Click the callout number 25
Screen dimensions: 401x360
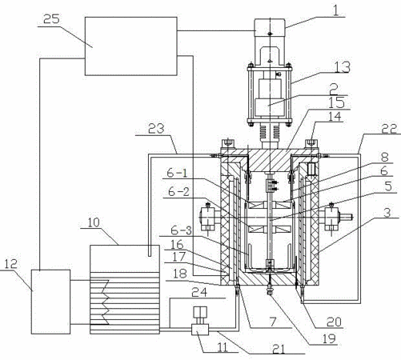click(52, 19)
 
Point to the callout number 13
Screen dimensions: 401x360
click(343, 67)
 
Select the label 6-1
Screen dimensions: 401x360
click(177, 174)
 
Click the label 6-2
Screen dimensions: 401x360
click(179, 191)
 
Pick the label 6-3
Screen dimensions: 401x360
click(182, 230)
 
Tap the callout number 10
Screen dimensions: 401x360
click(94, 222)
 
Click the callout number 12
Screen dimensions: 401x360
click(11, 264)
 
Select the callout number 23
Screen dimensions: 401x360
click(156, 129)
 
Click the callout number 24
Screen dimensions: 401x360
click(199, 292)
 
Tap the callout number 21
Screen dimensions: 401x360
click(279, 349)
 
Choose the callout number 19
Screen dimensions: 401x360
click(328, 338)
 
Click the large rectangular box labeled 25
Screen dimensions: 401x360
click(131, 46)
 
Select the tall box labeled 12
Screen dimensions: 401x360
click(50, 302)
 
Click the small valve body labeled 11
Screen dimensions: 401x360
click(200, 330)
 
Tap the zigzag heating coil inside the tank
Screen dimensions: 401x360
click(106, 302)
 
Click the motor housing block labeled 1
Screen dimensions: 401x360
click(270, 27)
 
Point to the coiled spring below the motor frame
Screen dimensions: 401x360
click(270, 132)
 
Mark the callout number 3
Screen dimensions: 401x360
click(387, 213)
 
